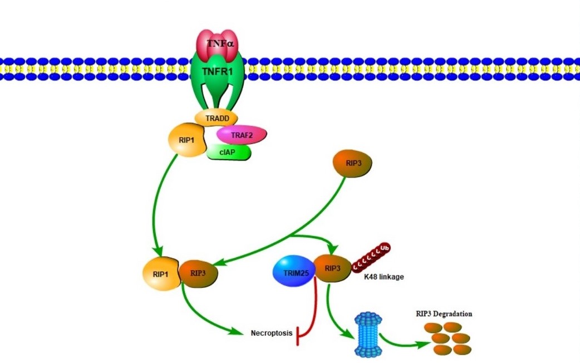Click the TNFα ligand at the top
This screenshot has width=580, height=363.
(x=218, y=43)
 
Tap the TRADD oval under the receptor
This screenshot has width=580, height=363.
(x=216, y=118)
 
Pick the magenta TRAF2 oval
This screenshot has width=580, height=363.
(x=242, y=134)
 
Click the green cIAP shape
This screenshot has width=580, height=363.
(x=229, y=152)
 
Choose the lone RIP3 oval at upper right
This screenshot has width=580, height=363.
(x=352, y=163)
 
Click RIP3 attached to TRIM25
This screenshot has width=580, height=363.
(x=333, y=269)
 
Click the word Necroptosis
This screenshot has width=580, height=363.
(x=272, y=333)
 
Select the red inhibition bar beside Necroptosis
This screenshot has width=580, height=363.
(x=301, y=335)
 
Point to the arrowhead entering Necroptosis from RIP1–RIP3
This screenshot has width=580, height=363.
(x=239, y=332)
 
